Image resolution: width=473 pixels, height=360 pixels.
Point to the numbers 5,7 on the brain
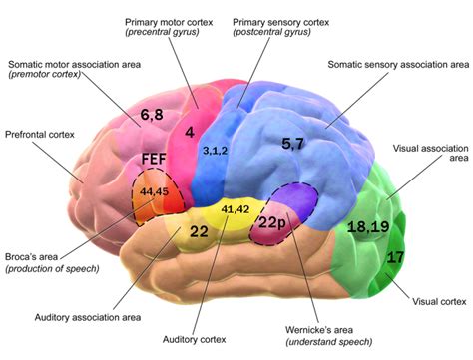tap(293, 144)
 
